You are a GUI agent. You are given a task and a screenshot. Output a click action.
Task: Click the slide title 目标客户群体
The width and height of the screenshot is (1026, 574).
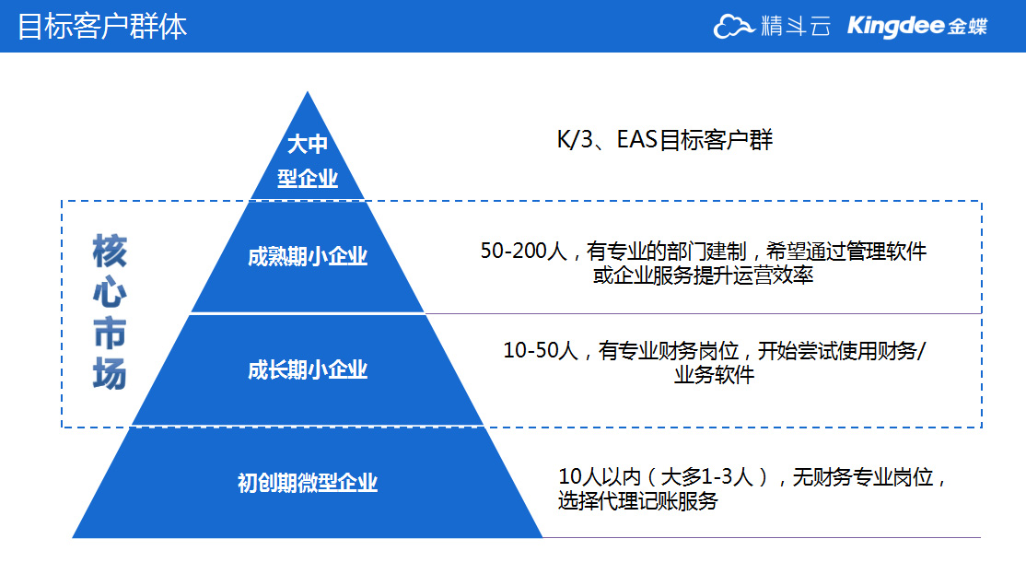pos(102,27)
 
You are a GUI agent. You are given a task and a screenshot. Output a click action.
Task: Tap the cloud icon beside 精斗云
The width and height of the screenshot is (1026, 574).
pos(733,26)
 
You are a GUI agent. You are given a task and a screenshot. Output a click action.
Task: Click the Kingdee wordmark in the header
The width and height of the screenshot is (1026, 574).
pos(896,26)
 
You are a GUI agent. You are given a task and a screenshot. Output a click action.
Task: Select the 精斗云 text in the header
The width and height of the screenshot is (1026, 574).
pos(796,26)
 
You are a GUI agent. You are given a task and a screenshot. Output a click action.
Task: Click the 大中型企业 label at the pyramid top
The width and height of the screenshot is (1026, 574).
pos(308,160)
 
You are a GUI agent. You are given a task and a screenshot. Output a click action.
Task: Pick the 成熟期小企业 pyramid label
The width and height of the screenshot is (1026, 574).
pos(308,256)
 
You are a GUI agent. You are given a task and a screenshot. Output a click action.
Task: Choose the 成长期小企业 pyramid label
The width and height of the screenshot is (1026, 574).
pos(308,369)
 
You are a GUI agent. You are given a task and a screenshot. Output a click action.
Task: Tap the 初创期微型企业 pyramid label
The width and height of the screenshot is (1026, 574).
pos(308,483)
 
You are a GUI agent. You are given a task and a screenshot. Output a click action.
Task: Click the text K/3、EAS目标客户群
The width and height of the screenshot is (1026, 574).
pos(665,139)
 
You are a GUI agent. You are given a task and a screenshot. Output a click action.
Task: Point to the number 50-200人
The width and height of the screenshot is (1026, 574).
pos(523,251)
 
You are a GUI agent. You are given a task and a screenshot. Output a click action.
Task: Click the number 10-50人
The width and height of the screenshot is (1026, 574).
pos(541,351)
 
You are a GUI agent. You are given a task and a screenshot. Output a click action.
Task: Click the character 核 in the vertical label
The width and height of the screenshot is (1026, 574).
pos(110,251)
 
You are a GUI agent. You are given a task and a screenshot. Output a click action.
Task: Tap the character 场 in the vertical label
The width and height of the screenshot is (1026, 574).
pos(110,374)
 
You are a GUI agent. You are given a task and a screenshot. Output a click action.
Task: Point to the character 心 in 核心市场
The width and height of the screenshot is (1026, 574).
pos(110,292)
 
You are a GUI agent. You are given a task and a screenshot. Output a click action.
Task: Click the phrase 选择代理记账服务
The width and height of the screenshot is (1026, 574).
pos(638,501)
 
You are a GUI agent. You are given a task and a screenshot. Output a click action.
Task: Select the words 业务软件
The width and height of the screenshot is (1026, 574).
pos(714,375)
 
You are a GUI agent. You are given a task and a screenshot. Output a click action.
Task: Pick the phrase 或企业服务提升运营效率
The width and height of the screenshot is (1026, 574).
pos(703,275)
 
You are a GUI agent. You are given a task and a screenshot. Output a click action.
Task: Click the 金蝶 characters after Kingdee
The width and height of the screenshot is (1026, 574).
pos(968,27)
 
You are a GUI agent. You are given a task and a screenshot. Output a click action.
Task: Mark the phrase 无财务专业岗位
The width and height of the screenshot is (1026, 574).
pos(862,477)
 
